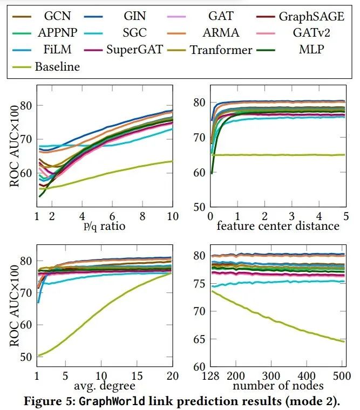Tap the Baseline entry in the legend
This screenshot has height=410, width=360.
click(x=57, y=67)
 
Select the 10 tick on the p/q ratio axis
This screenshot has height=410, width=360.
click(x=172, y=216)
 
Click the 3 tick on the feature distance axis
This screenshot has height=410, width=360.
click(x=291, y=216)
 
